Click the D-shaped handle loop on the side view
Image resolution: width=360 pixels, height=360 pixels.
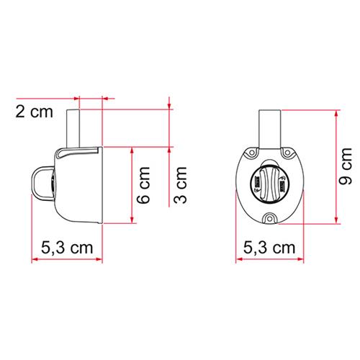pos(42,183)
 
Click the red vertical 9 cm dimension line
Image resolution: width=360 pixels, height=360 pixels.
pos(336,167)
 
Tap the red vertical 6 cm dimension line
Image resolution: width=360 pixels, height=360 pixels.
pos(132,186)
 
